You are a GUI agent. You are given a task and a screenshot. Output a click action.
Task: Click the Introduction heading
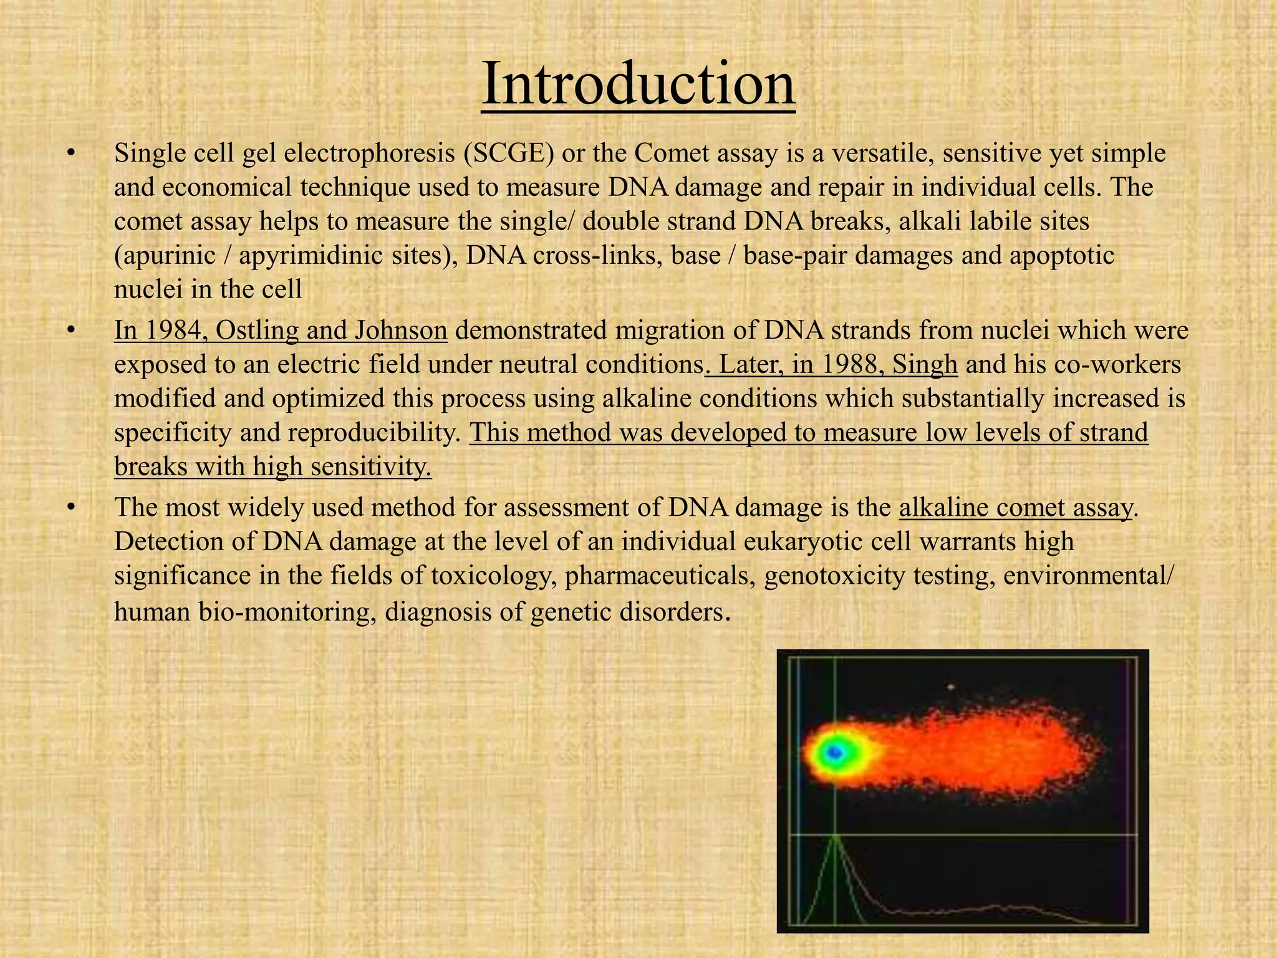coord(638,84)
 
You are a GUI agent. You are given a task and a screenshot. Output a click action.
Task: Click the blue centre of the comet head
coord(834,753)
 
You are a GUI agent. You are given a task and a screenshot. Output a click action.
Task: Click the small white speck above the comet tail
coord(950,687)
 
